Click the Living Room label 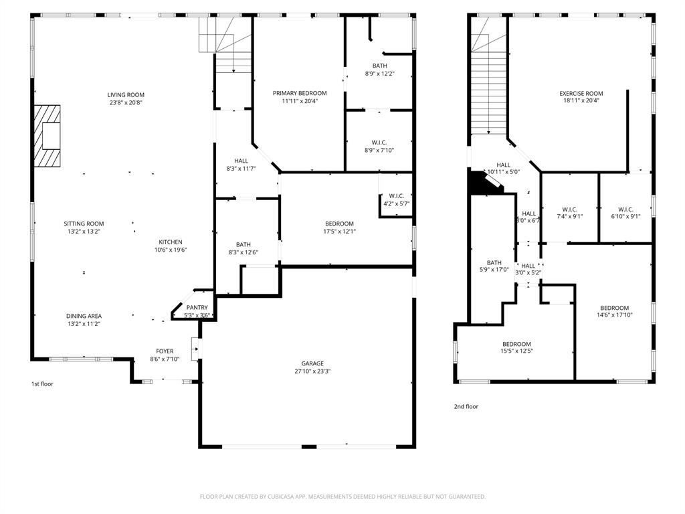tap(126, 94)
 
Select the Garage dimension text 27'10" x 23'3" tap(312, 371)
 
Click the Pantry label tap(197, 307)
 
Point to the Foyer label tap(165, 351)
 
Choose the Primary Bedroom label tap(300, 93)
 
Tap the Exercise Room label tap(581, 93)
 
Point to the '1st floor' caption tap(42, 384)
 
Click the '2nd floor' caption tap(466, 406)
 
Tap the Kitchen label tap(170, 242)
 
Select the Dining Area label tap(84, 316)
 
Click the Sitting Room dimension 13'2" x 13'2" tap(84, 232)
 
